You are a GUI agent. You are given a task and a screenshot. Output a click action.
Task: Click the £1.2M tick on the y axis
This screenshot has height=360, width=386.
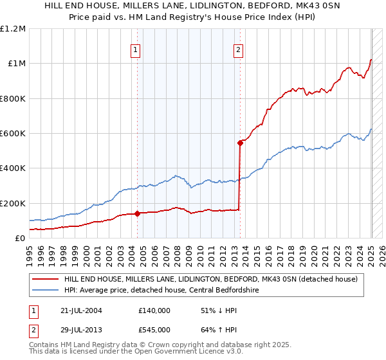pos(13,28)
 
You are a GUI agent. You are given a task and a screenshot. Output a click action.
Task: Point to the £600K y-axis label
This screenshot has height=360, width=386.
pos(13,134)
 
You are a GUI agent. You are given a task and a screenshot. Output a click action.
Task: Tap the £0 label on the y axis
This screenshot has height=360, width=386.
pos(21,239)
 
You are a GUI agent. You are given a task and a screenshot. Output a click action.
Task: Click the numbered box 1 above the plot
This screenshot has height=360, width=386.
pos(136,51)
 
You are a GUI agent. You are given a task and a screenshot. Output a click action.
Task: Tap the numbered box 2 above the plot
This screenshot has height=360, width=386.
pos(238,51)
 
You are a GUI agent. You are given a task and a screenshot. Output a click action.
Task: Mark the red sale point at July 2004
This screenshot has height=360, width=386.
pos(137,214)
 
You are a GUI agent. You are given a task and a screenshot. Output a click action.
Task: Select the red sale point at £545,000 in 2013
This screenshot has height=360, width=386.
pos(240,143)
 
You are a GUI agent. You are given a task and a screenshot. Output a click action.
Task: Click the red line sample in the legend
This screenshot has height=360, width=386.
pos(46,279)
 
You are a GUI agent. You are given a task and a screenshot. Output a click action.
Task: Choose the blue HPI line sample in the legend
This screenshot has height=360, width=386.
pos(46,289)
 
